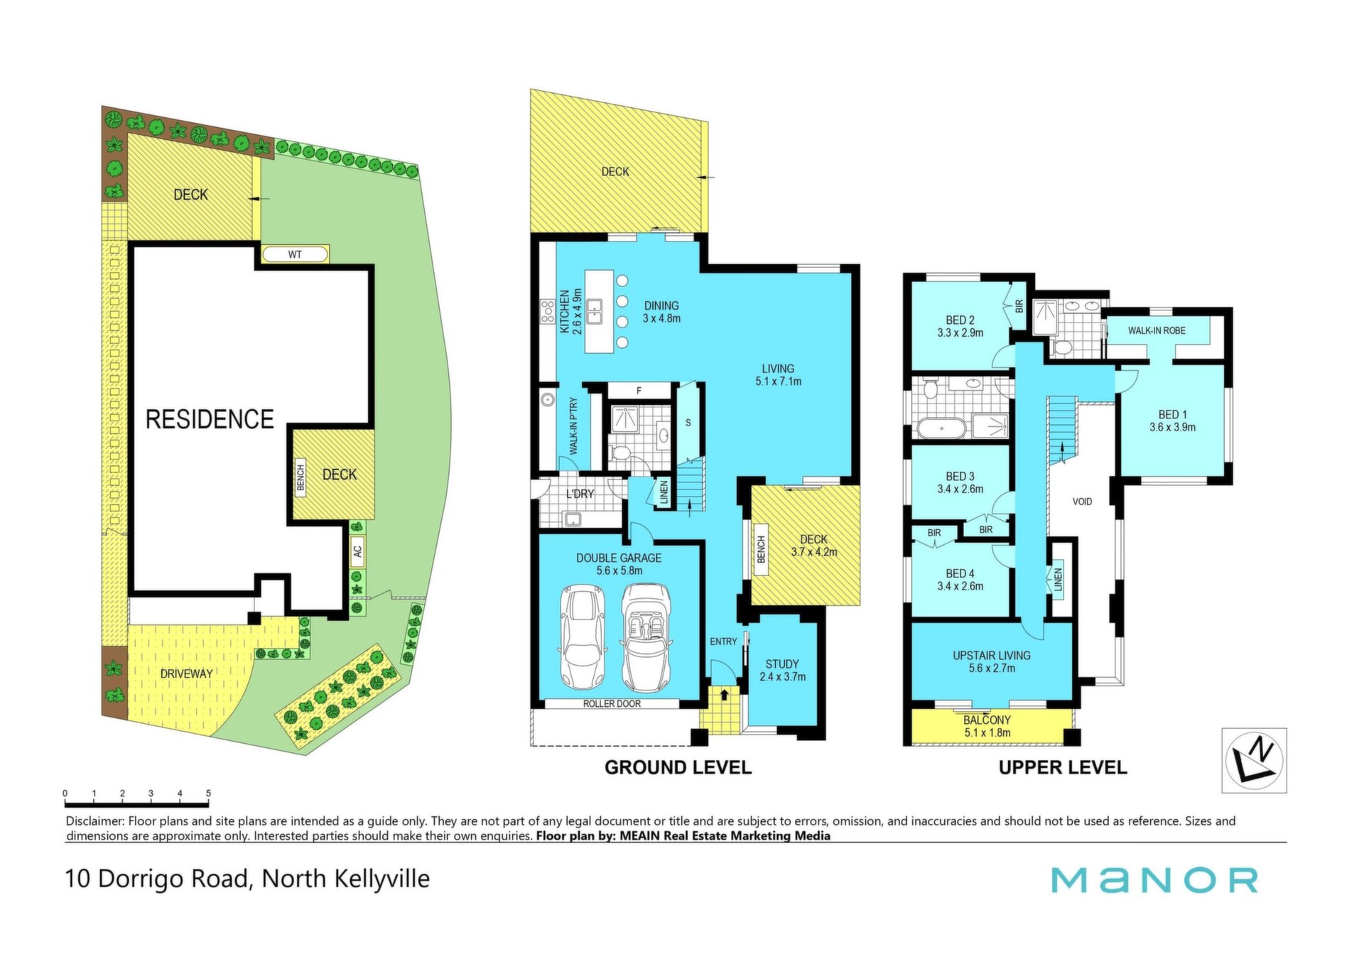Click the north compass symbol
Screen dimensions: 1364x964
1254,760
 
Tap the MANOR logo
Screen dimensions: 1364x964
1154,880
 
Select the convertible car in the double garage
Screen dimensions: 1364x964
646,637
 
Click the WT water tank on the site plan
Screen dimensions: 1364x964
295,254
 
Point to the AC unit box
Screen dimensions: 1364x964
357,551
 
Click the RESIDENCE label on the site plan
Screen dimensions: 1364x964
210,419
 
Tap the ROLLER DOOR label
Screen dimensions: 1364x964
612,704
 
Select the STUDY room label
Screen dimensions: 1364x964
782,664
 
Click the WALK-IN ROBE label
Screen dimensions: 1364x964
1157,330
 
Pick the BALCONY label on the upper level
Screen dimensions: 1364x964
987,720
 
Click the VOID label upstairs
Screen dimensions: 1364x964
1082,502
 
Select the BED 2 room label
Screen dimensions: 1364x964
960,320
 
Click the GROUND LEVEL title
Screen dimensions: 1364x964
678,767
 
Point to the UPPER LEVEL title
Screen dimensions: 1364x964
1063,767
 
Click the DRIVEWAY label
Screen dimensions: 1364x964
186,673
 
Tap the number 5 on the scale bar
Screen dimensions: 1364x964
208,793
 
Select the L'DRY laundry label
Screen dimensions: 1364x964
580,494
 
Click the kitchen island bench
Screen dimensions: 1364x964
599,311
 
